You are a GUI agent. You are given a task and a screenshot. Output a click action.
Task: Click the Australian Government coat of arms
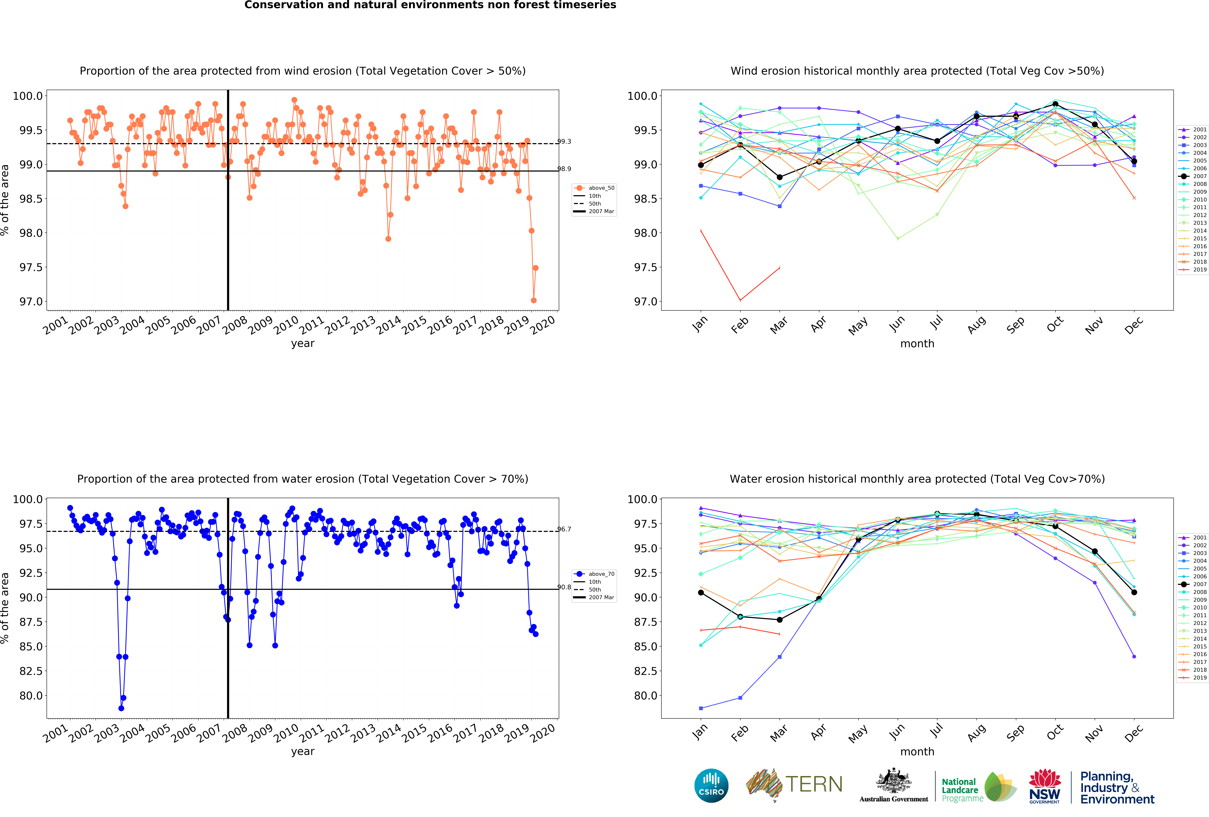(x=893, y=781)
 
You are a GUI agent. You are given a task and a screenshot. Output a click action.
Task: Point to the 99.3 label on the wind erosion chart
(x=564, y=142)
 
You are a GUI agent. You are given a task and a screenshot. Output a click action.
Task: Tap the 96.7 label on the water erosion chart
(x=564, y=529)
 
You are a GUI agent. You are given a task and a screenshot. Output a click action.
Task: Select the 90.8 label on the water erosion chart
(x=564, y=587)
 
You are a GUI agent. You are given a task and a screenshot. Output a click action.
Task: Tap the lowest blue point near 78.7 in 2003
(x=121, y=708)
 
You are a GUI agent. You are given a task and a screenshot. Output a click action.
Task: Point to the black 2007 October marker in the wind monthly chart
(x=1055, y=104)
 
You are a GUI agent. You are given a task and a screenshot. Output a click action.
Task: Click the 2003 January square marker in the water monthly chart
(x=701, y=708)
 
